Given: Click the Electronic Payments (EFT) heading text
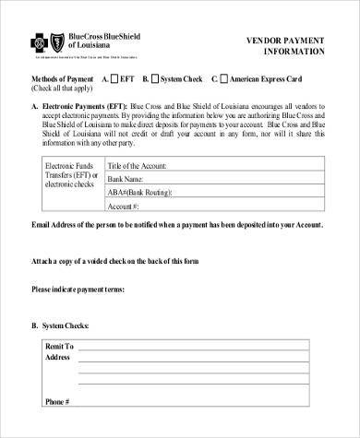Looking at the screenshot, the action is tap(82, 107).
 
